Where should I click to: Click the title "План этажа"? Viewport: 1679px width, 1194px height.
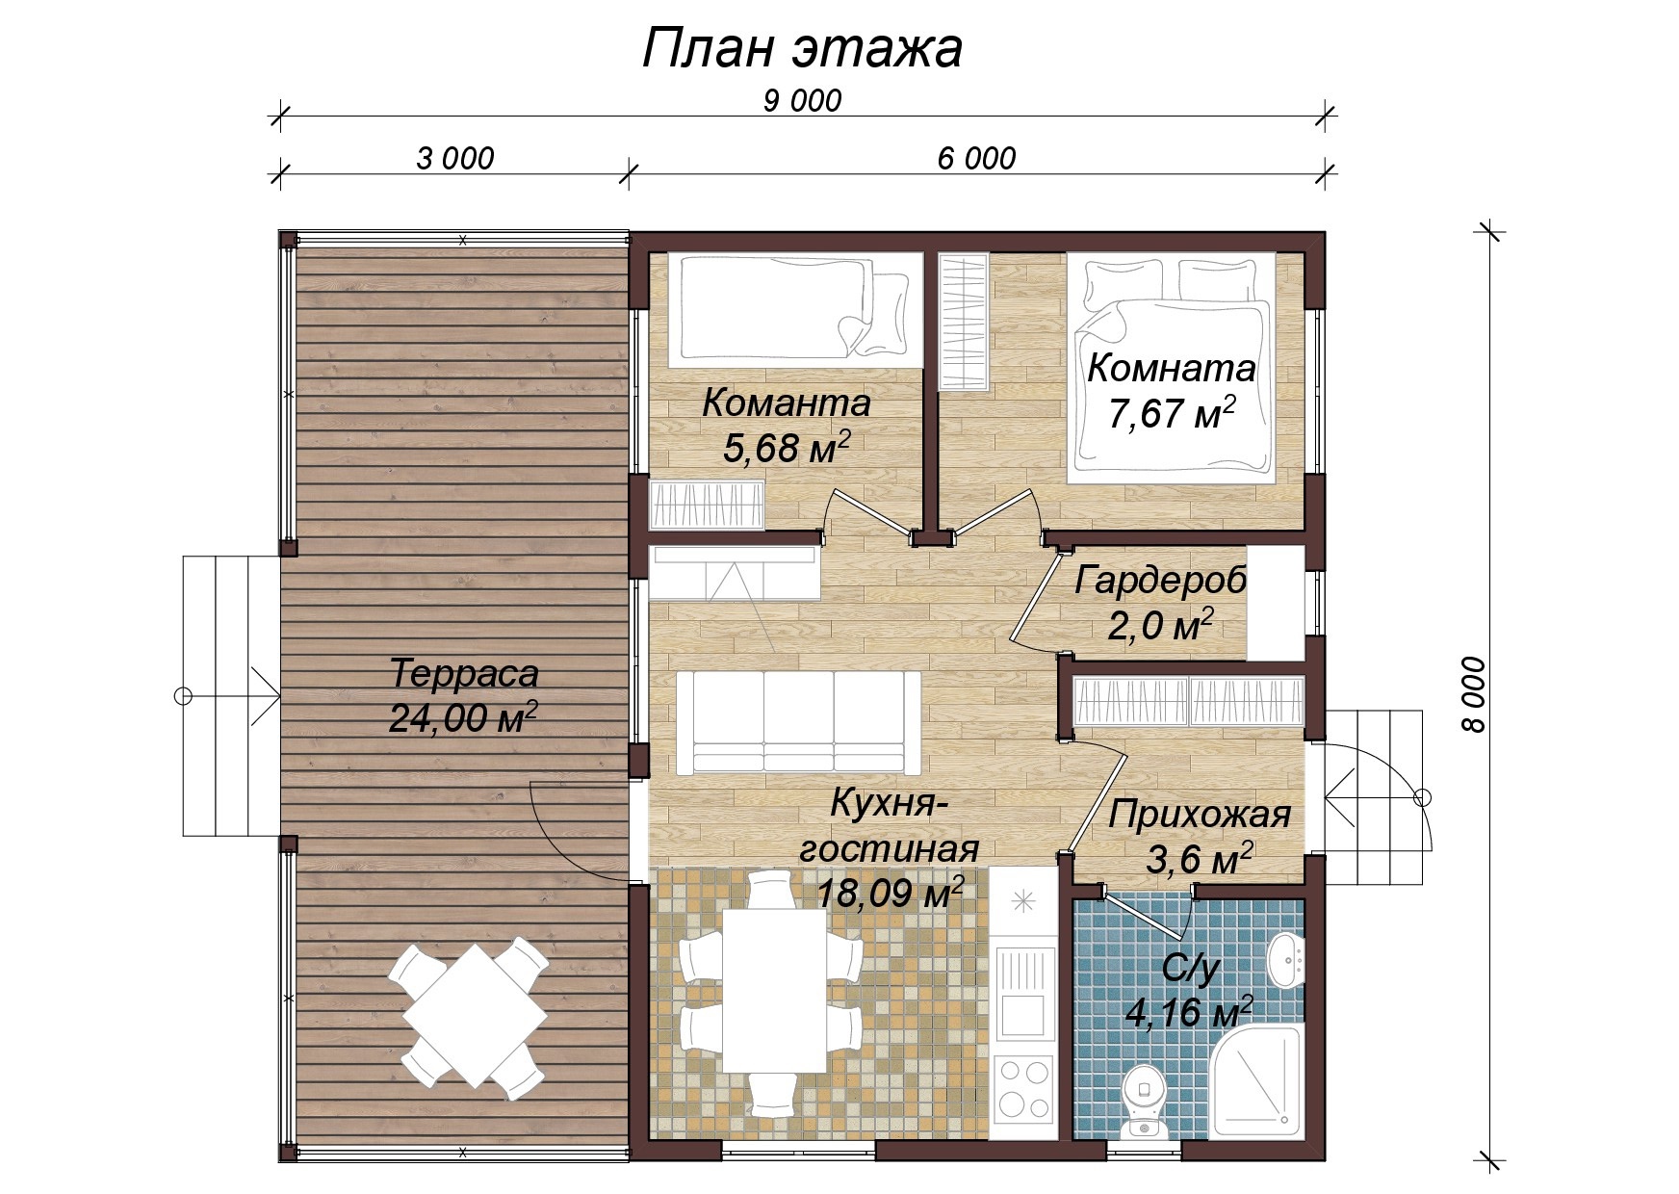[x=801, y=48]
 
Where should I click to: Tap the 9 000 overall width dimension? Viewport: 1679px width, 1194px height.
[x=802, y=100]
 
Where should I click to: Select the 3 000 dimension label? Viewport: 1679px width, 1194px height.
[x=454, y=158]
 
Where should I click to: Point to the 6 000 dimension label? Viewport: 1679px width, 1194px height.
[x=976, y=158]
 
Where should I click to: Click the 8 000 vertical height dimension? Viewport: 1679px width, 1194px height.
[x=1473, y=695]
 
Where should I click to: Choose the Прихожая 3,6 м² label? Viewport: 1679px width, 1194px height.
[x=1199, y=836]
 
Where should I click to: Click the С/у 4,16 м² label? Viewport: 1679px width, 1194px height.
[x=1190, y=991]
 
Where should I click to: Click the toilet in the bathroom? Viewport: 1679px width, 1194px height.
[x=1145, y=1100]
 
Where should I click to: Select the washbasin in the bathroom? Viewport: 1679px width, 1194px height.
[x=1285, y=959]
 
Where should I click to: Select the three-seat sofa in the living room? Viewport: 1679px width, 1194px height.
[x=798, y=722]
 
